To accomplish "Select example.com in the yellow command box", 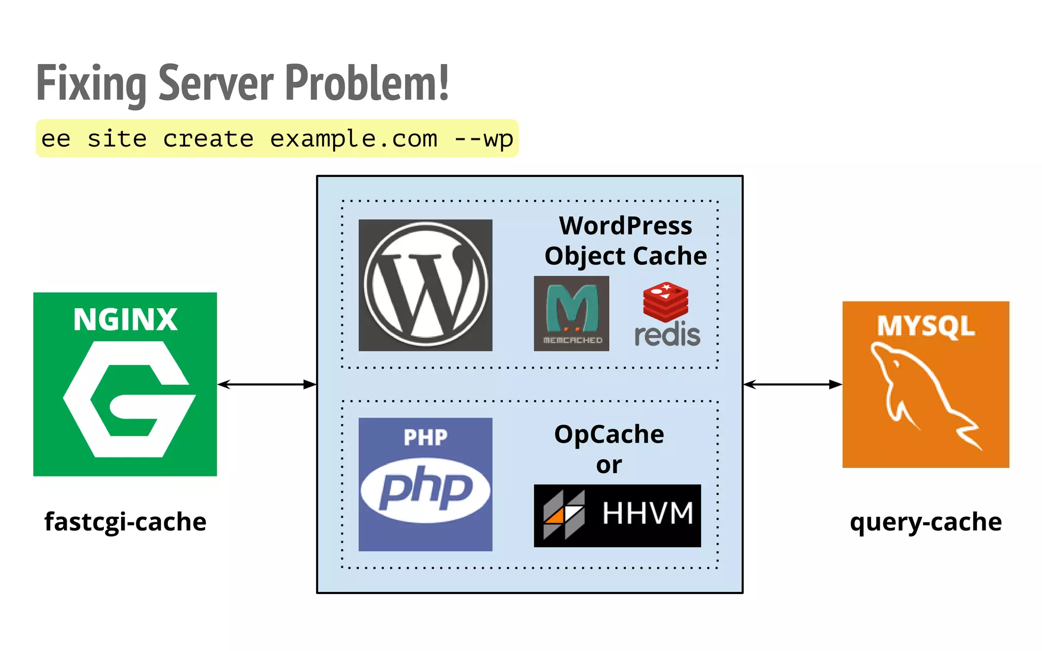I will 354,139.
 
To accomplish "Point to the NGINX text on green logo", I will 125,319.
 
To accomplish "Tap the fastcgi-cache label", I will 125,522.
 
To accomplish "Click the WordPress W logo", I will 425,285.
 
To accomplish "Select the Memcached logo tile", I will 571,313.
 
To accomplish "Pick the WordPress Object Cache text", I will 625,241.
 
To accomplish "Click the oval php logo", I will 425,490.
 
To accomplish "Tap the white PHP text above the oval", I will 425,437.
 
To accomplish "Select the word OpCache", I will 609,434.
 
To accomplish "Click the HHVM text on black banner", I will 648,513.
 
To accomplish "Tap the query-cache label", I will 925,522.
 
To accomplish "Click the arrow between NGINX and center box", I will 267,384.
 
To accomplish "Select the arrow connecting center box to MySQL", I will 792,384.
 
